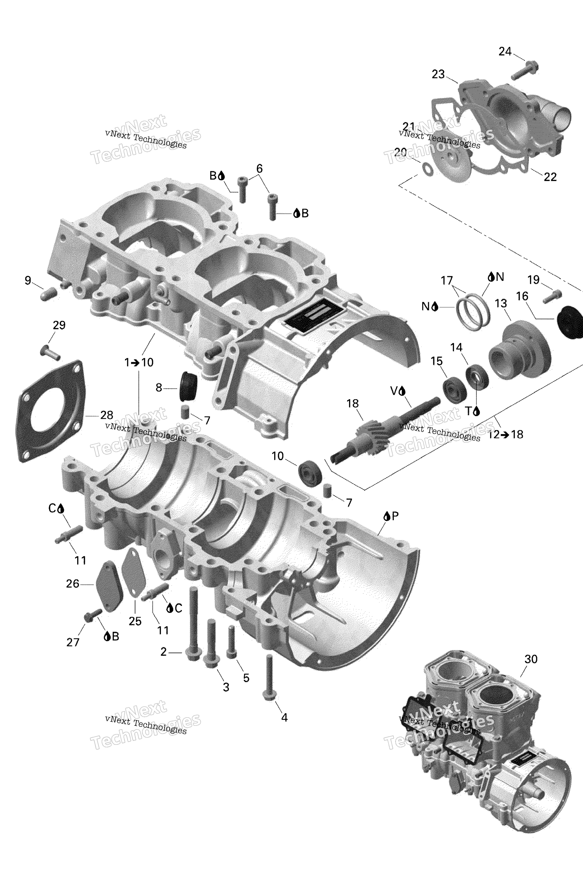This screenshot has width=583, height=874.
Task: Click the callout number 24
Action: pyautogui.click(x=505, y=52)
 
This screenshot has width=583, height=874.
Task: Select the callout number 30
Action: pyautogui.click(x=531, y=659)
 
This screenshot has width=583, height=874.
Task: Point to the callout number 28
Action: pyautogui.click(x=107, y=415)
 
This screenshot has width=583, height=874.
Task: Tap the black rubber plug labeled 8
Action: pyautogui.click(x=188, y=386)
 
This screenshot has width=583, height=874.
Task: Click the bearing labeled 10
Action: pyautogui.click(x=311, y=473)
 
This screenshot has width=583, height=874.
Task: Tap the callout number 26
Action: pyautogui.click(x=73, y=584)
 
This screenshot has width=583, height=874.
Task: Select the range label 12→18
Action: pyautogui.click(x=505, y=434)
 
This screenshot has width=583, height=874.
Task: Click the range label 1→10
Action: pyautogui.click(x=139, y=362)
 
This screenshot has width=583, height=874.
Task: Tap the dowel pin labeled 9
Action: pyautogui.click(x=48, y=294)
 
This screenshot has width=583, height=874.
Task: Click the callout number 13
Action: pyautogui.click(x=501, y=303)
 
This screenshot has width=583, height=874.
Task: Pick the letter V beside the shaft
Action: pyautogui.click(x=394, y=391)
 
